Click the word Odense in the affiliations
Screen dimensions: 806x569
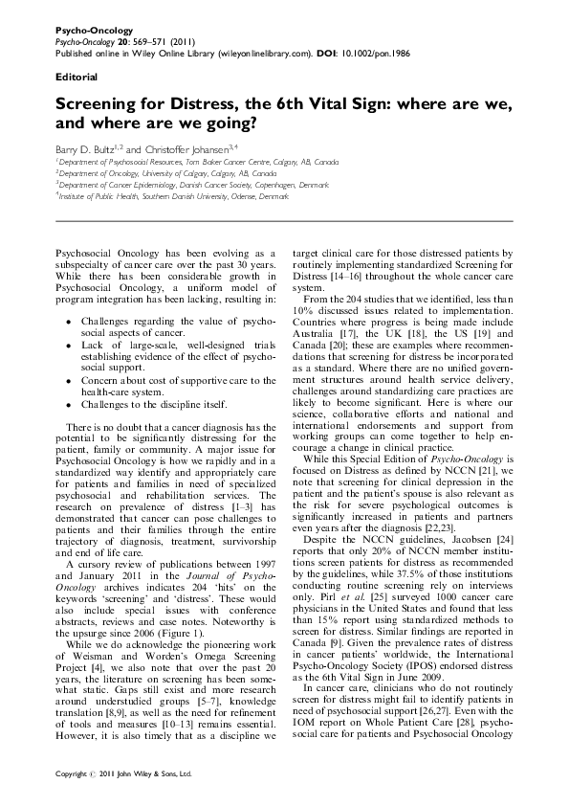tap(235, 193)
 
